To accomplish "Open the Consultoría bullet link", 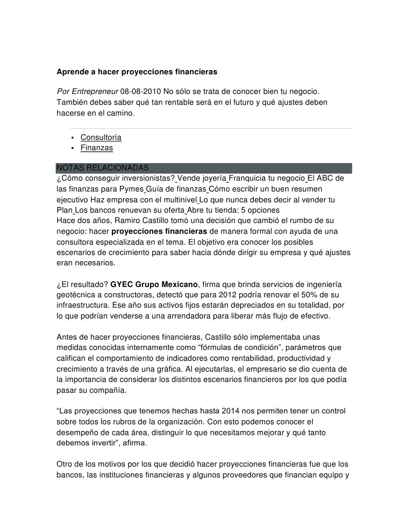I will (101, 137).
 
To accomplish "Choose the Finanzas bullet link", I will (96, 148).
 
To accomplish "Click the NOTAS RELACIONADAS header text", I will (103, 168).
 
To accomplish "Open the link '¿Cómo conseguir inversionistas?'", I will (116, 179).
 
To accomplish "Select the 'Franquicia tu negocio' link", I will (267, 179).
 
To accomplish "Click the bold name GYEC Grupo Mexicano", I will (154, 285).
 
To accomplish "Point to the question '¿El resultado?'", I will (83, 285).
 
